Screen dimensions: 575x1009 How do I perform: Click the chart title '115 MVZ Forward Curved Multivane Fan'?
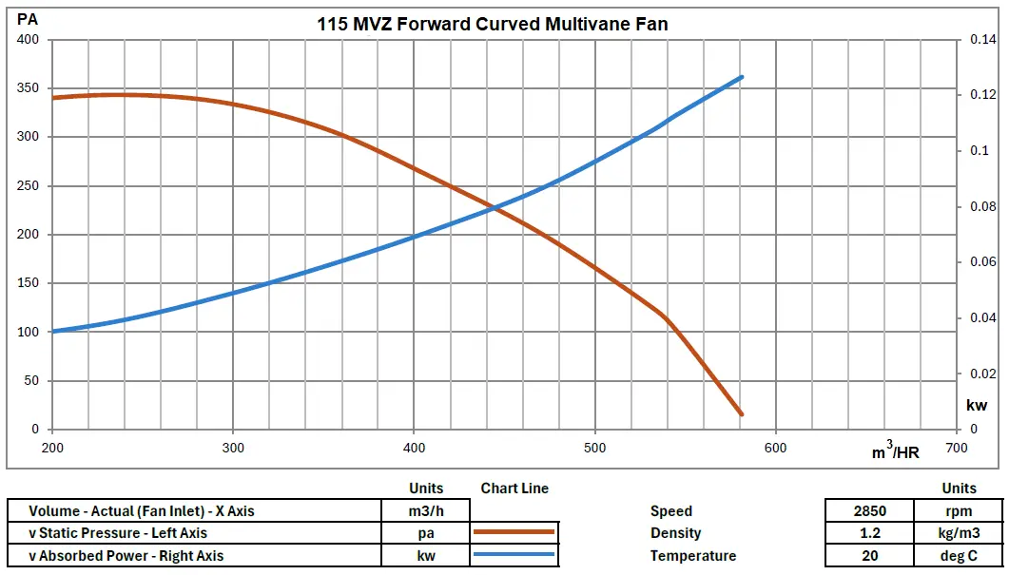[x=493, y=25]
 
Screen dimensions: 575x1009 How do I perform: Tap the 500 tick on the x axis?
[x=594, y=448]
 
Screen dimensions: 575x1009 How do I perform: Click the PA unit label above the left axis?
[x=28, y=19]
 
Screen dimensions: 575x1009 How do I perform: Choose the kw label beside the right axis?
[x=977, y=405]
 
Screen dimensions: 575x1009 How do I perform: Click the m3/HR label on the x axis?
[x=896, y=452]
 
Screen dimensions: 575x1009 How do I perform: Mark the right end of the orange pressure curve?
[x=741, y=414]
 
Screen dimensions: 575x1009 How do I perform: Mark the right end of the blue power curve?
[x=741, y=77]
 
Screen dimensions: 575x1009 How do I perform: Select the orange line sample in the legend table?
[x=514, y=533]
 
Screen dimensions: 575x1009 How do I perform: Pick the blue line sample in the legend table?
[x=514, y=555]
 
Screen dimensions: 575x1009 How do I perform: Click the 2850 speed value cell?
[x=870, y=511]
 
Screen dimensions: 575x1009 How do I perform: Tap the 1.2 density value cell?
[x=870, y=533]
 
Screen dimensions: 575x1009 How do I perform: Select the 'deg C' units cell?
[x=959, y=555]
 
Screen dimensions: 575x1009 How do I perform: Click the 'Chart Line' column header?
[x=514, y=489]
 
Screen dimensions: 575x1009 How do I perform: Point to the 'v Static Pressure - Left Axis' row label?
[x=118, y=533]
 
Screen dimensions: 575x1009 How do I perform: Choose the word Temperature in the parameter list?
[x=693, y=555]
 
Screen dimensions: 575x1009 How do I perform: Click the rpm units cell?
[x=959, y=511]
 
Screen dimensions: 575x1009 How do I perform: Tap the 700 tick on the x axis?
[x=956, y=448]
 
